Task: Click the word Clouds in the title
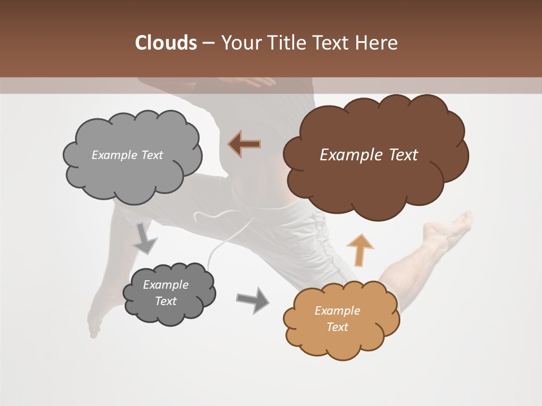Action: (165, 43)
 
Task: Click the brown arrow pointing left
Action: (245, 144)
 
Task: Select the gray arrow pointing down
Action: (145, 239)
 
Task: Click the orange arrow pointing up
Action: (360, 250)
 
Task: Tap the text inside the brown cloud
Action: (369, 155)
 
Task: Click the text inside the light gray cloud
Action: (127, 155)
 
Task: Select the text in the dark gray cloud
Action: (166, 293)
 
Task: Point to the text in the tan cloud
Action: (337, 319)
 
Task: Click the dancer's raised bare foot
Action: (452, 226)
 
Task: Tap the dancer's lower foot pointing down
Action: (94, 324)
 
